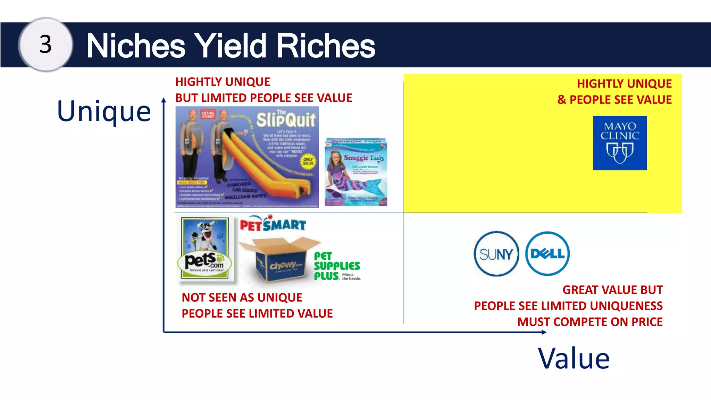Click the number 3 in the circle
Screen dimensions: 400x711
tap(45, 44)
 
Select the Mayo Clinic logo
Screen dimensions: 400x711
tap(620, 143)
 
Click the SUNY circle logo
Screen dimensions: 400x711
tap(496, 254)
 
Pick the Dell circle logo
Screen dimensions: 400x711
tap(547, 254)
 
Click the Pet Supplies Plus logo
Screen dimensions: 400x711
tap(337, 266)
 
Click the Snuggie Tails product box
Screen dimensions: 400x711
tap(356, 172)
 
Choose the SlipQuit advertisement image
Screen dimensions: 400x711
tap(247, 157)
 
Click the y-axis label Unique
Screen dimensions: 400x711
tap(104, 111)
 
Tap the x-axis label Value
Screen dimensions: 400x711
tap(574, 358)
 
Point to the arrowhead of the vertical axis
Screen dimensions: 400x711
tap(164, 100)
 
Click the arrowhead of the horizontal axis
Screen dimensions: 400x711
tap(544, 332)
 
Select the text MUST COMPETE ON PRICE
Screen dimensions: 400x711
tap(589, 322)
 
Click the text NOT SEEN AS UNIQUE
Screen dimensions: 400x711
tap(242, 298)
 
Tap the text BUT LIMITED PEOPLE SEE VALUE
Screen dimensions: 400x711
tap(264, 98)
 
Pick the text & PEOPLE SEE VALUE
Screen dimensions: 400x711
tap(614, 100)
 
